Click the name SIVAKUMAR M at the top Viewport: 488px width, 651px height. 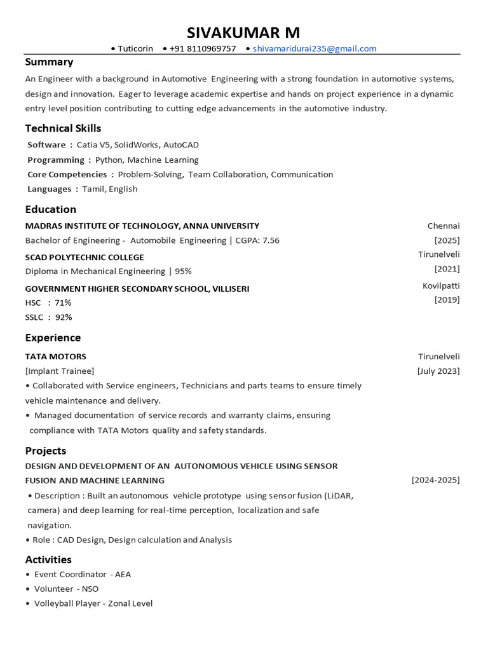(243, 32)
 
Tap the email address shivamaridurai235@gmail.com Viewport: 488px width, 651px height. (314, 48)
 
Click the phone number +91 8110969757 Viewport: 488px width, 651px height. (203, 48)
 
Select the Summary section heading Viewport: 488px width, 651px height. (49, 62)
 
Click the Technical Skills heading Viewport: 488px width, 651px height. (63, 128)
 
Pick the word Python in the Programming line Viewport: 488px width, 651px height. (109, 160)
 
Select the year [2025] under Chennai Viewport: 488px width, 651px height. (447, 240)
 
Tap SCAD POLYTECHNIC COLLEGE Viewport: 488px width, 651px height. (85, 257)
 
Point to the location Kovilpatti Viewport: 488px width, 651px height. (441, 285)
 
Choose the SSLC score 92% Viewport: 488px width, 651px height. (64, 317)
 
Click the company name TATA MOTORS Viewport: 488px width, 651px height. (55, 356)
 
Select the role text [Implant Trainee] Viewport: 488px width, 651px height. (60, 371)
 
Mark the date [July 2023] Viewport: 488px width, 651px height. (438, 371)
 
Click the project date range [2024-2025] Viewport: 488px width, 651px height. (435, 480)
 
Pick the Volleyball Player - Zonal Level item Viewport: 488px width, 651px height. (93, 603)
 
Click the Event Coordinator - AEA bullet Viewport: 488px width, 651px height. (82, 574)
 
